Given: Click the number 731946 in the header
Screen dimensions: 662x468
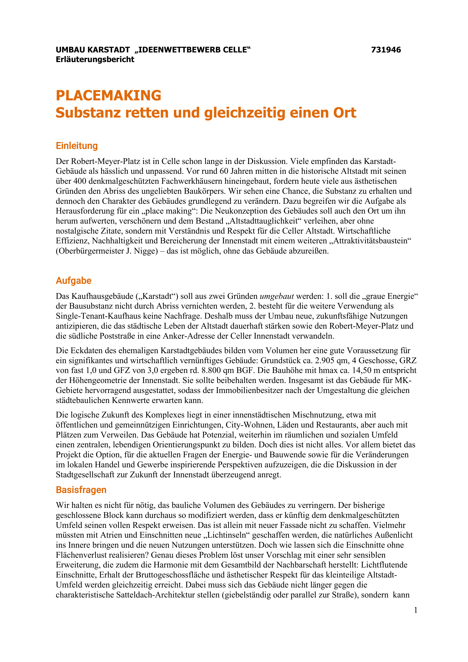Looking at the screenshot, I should click(x=386, y=50).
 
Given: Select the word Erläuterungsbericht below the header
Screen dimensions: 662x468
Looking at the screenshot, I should click(x=95, y=59).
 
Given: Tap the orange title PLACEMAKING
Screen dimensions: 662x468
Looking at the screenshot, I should click(x=109, y=95).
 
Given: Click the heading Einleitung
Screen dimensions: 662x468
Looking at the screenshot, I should click(x=77, y=146).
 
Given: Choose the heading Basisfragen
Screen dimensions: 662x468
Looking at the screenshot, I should click(x=81, y=490).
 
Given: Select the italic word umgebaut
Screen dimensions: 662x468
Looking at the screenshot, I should click(x=277, y=296).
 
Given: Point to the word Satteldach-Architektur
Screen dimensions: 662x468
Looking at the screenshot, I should click(x=155, y=595).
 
